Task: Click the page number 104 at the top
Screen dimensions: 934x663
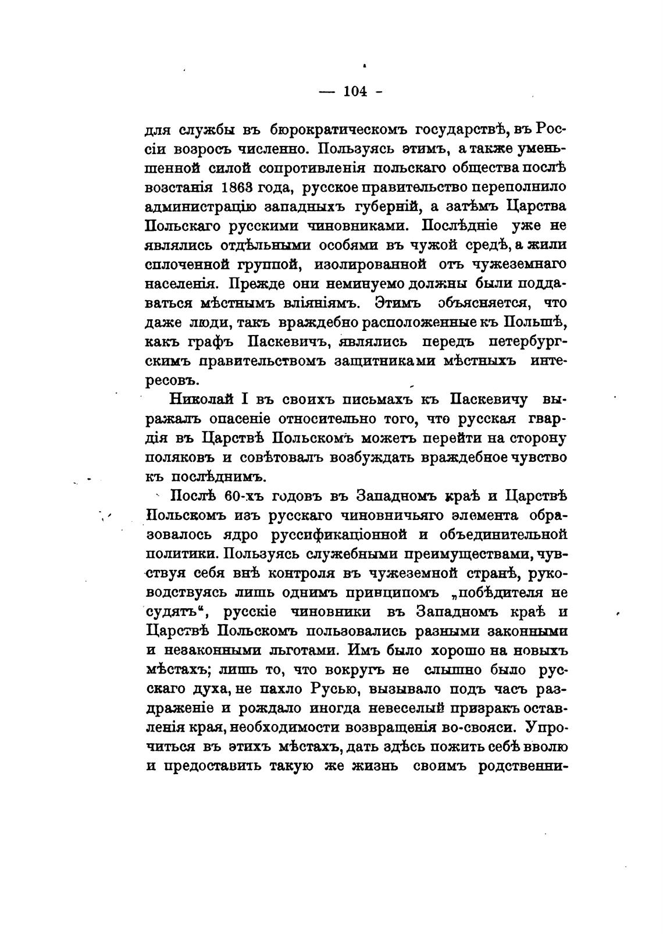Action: point(355,92)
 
